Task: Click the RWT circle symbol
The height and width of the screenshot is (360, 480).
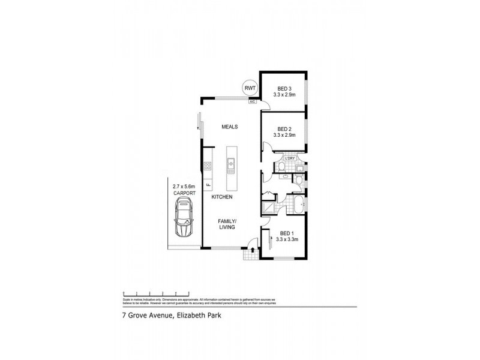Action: (249, 88)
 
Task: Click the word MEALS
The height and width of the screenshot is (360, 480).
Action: (230, 127)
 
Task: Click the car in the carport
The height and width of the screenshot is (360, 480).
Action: (183, 218)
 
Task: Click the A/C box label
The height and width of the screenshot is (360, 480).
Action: (253, 101)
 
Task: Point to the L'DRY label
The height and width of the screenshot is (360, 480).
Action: (298, 158)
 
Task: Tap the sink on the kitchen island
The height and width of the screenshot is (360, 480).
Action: (230, 162)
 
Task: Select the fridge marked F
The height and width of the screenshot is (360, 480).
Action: (208, 184)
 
